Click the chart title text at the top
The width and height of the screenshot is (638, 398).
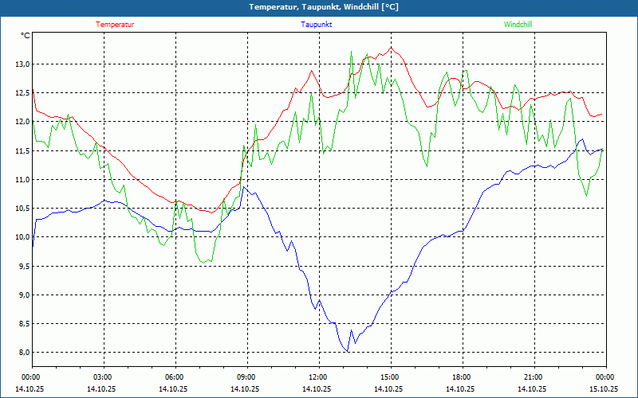324,7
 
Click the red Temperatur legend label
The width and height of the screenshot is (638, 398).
115,25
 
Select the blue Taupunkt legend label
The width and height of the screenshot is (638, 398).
317,25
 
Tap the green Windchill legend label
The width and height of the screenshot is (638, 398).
518,25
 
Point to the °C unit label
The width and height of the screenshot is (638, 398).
26,36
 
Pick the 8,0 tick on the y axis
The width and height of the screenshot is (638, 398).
22,353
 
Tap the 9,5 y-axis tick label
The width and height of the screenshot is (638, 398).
22,266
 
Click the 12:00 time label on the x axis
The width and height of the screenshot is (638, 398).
317,377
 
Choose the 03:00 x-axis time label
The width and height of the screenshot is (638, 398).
103,377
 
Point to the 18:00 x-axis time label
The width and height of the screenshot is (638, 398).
461,377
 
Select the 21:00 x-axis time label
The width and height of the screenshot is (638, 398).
533,377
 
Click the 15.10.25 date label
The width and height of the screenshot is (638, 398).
604,389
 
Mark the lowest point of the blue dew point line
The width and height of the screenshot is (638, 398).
348,351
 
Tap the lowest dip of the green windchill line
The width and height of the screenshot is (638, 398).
207,262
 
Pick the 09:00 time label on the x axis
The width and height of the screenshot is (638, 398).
246,377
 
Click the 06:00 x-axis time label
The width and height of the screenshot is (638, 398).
174,377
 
